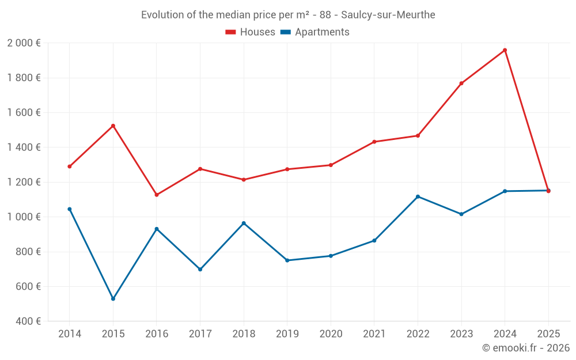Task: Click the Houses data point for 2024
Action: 505,50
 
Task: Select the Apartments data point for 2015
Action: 113,299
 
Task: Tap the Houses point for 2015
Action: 113,126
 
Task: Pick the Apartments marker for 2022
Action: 418,196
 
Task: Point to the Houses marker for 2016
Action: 157,195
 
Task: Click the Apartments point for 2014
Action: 70,209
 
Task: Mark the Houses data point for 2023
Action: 461,84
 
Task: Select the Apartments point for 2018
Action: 244,223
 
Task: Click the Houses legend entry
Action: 251,32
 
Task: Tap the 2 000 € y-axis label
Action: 24,43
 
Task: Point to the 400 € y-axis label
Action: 28,321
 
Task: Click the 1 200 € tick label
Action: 24,182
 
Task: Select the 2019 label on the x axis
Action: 287,334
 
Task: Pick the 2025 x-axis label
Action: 548,334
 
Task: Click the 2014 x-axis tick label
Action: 70,334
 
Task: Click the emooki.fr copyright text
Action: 525,348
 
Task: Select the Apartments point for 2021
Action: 374,240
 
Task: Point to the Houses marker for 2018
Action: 244,180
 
